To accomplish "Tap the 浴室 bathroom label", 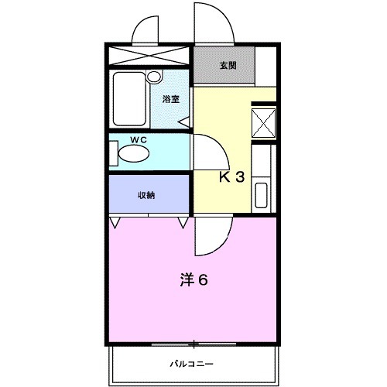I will click(x=171, y=100).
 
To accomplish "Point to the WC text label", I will click(x=139, y=140).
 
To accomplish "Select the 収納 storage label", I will click(x=147, y=195).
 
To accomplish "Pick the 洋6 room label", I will click(x=194, y=279).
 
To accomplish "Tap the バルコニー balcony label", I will click(x=192, y=363).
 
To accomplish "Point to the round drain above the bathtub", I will click(x=153, y=77).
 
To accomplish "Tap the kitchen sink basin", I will click(x=262, y=195).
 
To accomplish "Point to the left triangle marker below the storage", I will click(x=115, y=222).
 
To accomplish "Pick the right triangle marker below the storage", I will click(x=183, y=222).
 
